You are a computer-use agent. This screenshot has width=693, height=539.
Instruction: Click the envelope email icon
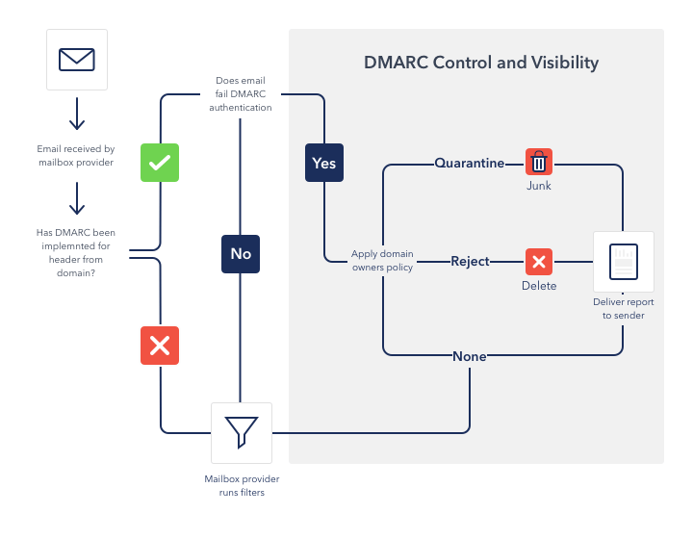click(77, 60)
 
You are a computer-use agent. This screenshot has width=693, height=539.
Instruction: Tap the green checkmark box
click(160, 163)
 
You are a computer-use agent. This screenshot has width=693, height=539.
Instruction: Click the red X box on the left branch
click(160, 345)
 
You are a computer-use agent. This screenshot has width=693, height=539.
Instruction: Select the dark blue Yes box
click(324, 163)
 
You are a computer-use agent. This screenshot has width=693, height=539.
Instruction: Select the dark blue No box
click(240, 253)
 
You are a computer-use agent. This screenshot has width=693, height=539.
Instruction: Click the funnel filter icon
click(242, 432)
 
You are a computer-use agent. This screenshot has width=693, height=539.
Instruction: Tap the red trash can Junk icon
click(539, 163)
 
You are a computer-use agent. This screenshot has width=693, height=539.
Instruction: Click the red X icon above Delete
click(539, 261)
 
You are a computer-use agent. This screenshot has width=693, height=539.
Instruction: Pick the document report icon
click(624, 262)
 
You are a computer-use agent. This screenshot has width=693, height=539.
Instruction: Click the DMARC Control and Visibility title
click(481, 64)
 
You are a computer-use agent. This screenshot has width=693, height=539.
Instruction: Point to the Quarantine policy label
click(469, 163)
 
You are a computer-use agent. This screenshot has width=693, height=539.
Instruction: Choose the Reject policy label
click(470, 261)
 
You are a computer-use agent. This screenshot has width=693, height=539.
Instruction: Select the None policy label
click(470, 356)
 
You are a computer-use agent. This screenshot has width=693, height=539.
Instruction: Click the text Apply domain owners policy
click(382, 261)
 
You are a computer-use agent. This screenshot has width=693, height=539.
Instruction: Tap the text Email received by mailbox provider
click(76, 156)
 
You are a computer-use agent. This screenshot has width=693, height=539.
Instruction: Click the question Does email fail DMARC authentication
click(241, 94)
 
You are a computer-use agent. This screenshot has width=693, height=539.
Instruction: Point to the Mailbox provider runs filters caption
click(242, 485)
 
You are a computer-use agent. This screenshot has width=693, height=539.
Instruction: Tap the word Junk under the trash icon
click(539, 186)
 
